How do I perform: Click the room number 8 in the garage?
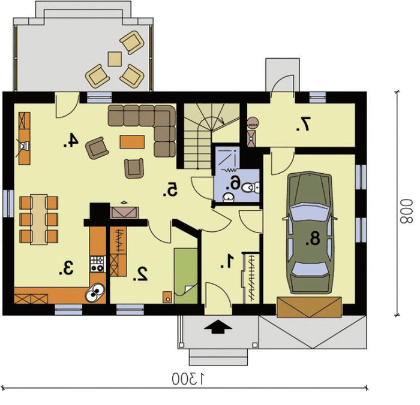click(x=313, y=238)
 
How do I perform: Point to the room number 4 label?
click(x=71, y=140)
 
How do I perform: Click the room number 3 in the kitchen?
click(x=66, y=268)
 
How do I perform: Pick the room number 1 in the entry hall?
click(x=227, y=261)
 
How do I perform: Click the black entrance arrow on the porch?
click(x=218, y=327)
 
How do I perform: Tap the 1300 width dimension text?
click(x=188, y=379)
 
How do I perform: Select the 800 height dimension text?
click(x=406, y=211)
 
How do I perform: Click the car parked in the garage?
click(x=310, y=232)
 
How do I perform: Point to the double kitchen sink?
click(x=95, y=292)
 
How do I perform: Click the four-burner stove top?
click(x=98, y=264)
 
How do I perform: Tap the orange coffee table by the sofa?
click(x=133, y=142)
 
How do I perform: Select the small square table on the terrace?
click(x=115, y=59)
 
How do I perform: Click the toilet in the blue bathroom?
click(x=250, y=188)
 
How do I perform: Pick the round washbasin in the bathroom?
click(x=229, y=198)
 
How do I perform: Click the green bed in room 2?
click(x=185, y=276)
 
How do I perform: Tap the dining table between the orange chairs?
click(x=39, y=220)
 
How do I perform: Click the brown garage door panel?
click(x=309, y=307)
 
